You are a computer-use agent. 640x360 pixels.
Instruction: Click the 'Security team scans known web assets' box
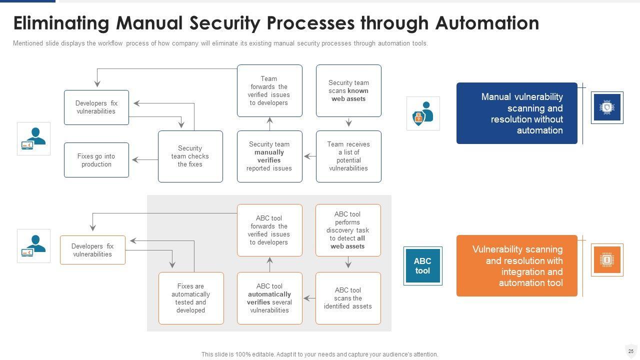tap(348, 90)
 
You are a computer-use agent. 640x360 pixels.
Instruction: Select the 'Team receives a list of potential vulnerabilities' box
tap(348, 156)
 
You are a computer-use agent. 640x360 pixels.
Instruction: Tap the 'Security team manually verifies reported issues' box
tap(269, 156)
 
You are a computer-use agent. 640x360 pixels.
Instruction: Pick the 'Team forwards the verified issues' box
tap(269, 90)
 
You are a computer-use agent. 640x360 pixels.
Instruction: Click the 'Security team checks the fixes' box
tap(190, 156)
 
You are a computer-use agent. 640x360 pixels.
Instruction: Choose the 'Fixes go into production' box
tap(96, 160)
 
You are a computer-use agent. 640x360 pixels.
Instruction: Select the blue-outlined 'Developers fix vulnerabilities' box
tap(96, 107)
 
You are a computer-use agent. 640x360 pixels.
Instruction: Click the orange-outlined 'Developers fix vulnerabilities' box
tap(92, 250)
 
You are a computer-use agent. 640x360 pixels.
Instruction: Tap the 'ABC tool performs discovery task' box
tap(348, 230)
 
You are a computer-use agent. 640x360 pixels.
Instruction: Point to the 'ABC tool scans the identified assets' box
tap(348, 298)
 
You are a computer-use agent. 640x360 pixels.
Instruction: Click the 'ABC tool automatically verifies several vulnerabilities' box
tap(269, 298)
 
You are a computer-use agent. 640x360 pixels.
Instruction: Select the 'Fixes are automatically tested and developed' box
tap(191, 298)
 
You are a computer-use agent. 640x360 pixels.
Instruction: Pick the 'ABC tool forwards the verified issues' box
tap(269, 230)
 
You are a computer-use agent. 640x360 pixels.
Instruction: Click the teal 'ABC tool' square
tap(422, 266)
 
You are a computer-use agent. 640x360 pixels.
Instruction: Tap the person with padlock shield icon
tap(423, 113)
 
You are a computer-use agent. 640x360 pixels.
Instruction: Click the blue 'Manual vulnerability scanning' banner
tap(516, 113)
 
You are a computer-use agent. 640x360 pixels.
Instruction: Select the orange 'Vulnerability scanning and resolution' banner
tap(516, 266)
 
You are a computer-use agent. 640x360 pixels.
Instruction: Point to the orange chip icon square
tap(607, 260)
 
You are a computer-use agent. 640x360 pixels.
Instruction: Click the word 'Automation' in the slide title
tap(487, 23)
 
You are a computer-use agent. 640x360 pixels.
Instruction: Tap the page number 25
tap(631, 351)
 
